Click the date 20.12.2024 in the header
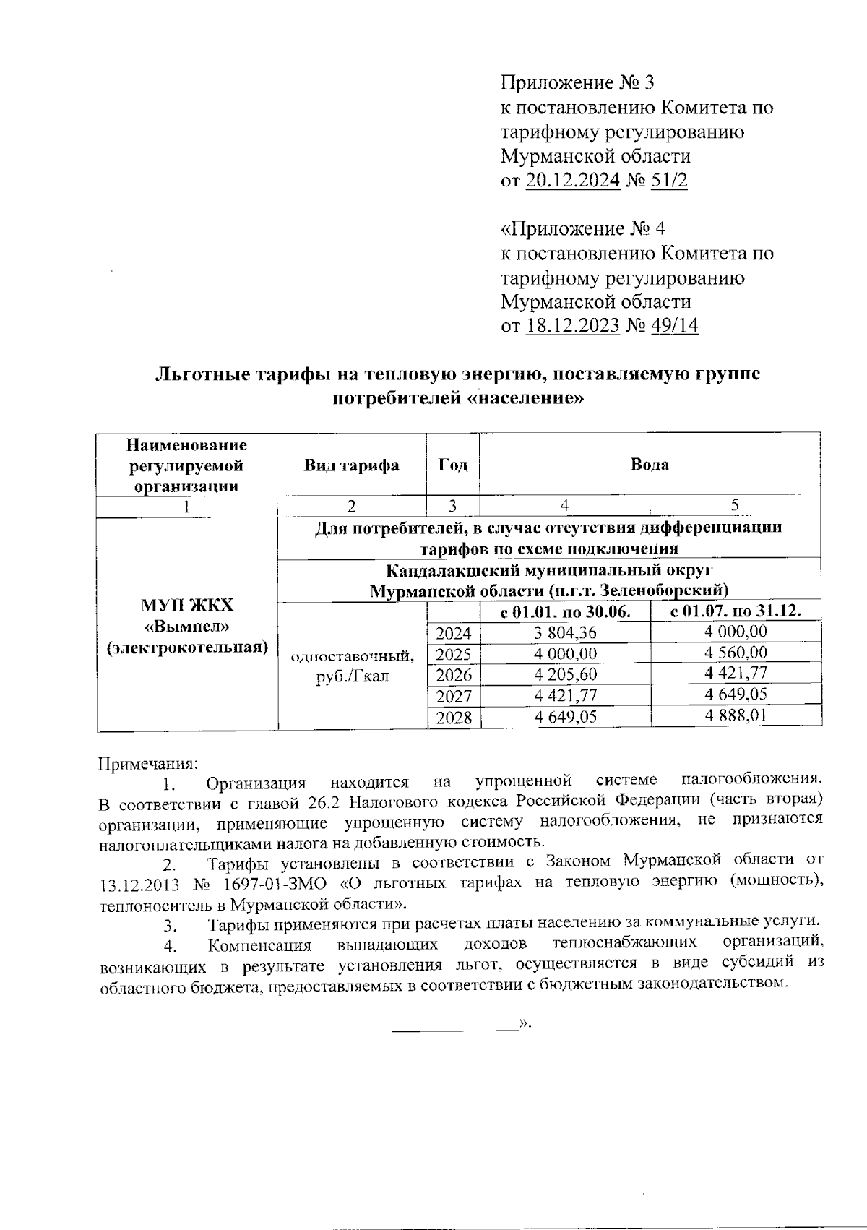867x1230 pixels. [x=571, y=181]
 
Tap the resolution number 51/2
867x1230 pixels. [x=669, y=181]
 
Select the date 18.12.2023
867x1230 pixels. [x=572, y=326]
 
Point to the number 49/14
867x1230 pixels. [x=675, y=326]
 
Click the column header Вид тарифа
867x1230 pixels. [x=351, y=465]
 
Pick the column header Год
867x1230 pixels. [x=453, y=465]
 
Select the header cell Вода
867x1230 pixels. [x=650, y=465]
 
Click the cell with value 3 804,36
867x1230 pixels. [x=565, y=632]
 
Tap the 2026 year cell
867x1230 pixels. [x=453, y=675]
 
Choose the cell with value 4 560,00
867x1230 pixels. [x=736, y=653]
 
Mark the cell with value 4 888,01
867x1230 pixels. [x=736, y=715]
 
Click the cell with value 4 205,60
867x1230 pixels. [x=565, y=675]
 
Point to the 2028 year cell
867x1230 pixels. [x=453, y=718]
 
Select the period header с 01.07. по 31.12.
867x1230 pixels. [x=736, y=612]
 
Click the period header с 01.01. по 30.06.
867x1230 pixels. [x=565, y=612]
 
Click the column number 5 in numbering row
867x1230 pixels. [x=735, y=506]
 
